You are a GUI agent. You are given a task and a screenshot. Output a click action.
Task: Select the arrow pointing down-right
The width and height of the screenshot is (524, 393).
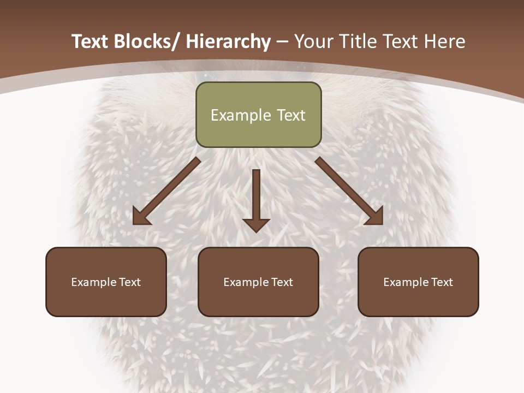(349, 191)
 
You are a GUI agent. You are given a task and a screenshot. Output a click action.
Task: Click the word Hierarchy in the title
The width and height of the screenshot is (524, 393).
(228, 41)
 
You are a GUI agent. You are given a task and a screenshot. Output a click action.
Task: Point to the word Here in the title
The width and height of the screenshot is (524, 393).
(444, 41)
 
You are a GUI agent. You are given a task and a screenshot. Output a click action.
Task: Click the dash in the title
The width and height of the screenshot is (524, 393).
(283, 41)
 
